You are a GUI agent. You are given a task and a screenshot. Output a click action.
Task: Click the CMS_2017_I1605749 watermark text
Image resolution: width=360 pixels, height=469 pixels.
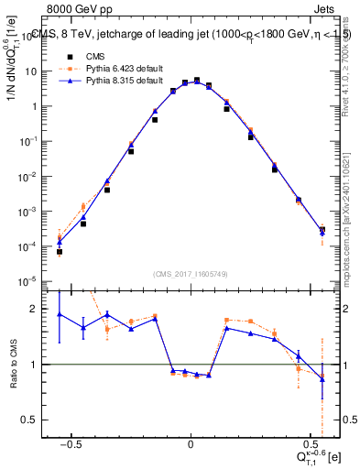[190, 274]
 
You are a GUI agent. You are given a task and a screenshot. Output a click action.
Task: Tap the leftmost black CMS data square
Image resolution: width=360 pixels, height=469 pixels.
[59, 251]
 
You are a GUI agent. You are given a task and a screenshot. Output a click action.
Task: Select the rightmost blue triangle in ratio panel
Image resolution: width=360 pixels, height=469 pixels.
[322, 379]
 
